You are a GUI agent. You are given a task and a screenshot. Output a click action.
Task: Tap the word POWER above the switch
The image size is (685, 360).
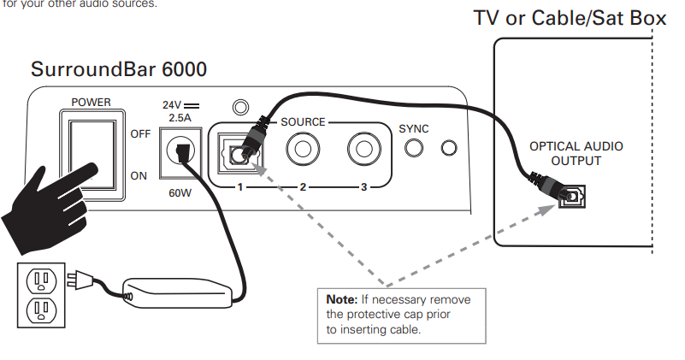click(91, 102)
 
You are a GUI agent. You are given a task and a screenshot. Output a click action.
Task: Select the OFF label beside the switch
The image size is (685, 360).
click(139, 134)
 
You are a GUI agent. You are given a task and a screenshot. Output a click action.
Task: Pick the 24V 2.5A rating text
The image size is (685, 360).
click(179, 110)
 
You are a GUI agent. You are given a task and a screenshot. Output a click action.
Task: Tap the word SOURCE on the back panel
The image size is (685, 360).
click(303, 122)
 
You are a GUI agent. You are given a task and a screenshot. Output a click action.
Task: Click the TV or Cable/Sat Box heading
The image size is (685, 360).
click(570, 18)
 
